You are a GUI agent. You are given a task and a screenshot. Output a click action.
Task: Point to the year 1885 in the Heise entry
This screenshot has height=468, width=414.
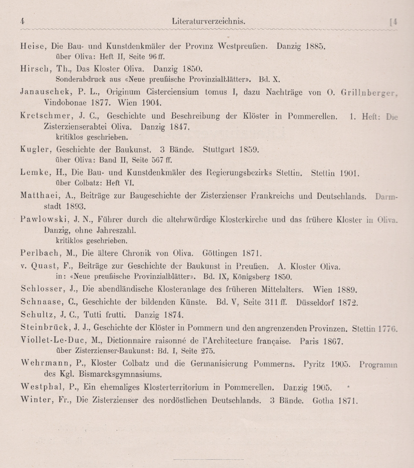tap(316, 46)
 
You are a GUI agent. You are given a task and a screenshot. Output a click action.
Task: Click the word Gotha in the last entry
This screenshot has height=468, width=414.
tap(323, 400)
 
